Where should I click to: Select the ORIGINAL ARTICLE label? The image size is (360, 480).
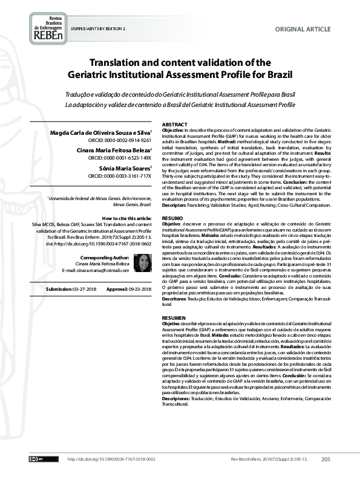(x=303, y=29)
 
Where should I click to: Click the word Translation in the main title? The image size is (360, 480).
(x=119, y=62)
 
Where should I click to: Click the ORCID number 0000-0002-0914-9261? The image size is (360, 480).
(x=124, y=140)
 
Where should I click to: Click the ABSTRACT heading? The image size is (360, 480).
(x=175, y=123)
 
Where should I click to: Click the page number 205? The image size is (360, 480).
(x=326, y=459)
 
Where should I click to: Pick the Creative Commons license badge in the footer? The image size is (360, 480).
(x=36, y=460)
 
